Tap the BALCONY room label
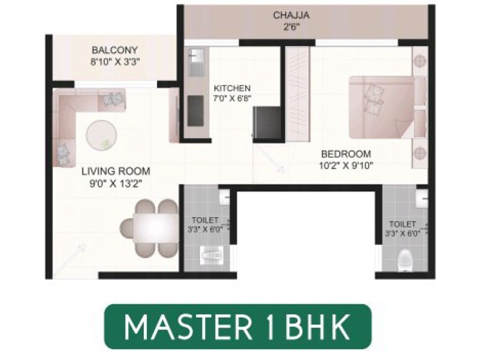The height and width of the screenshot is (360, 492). point(115,50)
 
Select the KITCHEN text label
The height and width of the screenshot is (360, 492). point(232,88)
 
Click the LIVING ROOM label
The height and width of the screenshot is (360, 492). point(116,171)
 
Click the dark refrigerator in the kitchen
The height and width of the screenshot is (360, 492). point(266,123)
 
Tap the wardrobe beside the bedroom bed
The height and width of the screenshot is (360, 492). point(298,94)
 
